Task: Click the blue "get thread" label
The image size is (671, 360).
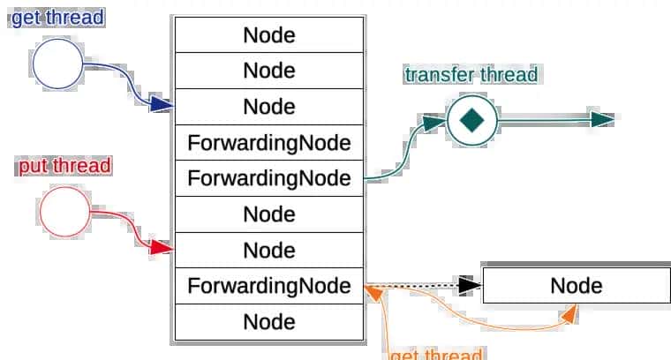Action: (57, 18)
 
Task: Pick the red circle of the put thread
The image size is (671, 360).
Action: (65, 212)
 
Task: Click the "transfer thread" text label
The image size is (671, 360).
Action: (471, 74)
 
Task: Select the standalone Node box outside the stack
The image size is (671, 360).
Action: (576, 285)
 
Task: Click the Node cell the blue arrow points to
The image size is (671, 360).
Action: (268, 107)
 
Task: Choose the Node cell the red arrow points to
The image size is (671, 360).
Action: (268, 250)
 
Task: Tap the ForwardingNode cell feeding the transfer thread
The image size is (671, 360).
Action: (268, 178)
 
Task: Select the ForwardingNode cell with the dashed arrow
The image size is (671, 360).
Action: (268, 286)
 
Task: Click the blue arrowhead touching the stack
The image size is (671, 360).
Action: (162, 105)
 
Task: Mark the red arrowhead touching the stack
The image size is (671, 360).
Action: (162, 249)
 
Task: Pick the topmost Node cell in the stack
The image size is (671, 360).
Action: (268, 35)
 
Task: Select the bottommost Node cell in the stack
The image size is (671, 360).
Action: (268, 321)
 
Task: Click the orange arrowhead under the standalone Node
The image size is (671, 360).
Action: (570, 311)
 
